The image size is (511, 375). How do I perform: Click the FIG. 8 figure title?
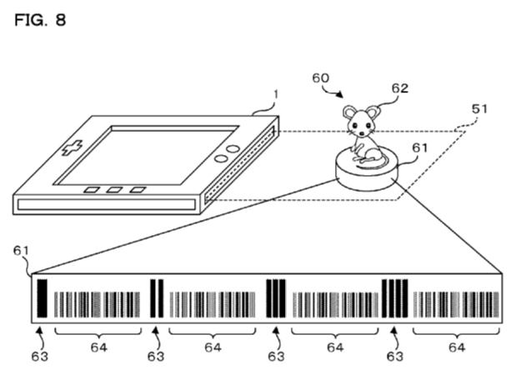point(40,20)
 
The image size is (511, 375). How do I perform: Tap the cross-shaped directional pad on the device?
point(73,147)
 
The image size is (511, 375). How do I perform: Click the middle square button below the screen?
point(114,190)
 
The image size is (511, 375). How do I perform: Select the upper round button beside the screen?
point(233,149)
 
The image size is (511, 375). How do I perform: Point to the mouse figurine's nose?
point(362,133)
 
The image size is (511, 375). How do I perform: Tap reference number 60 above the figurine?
point(321,78)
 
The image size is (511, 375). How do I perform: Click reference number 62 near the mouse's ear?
point(399,88)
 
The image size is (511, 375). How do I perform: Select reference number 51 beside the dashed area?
point(479,109)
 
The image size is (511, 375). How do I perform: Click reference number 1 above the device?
point(276,94)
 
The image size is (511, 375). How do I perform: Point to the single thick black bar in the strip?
point(42,298)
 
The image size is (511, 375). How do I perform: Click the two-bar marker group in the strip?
point(157,298)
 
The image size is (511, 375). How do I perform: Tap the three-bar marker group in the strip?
point(276,298)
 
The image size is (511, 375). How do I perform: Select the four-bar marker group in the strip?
point(394,298)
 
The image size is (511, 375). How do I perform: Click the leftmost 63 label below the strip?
point(40,357)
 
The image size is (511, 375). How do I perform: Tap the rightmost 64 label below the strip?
point(457,347)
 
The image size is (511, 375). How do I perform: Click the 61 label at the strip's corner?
point(21,251)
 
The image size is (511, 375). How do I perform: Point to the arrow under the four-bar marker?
point(395,338)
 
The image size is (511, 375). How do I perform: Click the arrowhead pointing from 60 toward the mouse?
point(340,94)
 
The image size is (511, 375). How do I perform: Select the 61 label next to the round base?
point(419,147)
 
